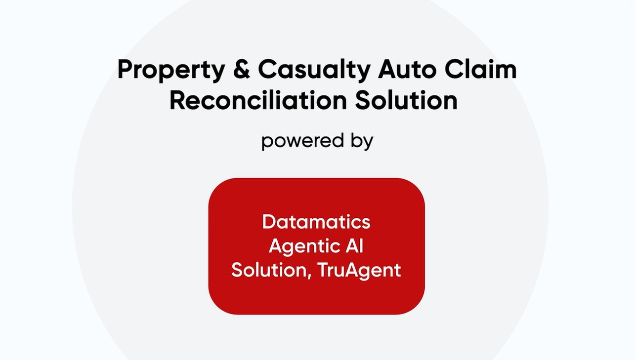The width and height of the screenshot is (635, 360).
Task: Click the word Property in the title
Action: pyautogui.click(x=171, y=71)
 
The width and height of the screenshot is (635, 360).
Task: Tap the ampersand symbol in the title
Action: pyautogui.click(x=242, y=69)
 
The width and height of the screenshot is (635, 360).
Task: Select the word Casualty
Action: pyautogui.click(x=314, y=71)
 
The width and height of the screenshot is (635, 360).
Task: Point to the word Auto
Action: pyautogui.click(x=407, y=69)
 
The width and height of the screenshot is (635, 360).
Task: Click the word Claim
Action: pyautogui.click(x=480, y=69)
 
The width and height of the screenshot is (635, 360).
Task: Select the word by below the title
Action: pyautogui.click(x=362, y=141)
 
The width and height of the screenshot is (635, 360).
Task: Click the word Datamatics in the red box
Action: pyautogui.click(x=316, y=222)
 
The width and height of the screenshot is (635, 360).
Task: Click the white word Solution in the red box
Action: pyautogui.click(x=269, y=270)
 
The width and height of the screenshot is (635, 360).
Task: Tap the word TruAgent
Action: pyautogui.click(x=359, y=271)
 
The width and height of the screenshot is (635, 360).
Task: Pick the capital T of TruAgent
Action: pyautogui.click(x=323, y=270)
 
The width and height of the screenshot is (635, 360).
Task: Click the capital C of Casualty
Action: pyautogui.click(x=268, y=69)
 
